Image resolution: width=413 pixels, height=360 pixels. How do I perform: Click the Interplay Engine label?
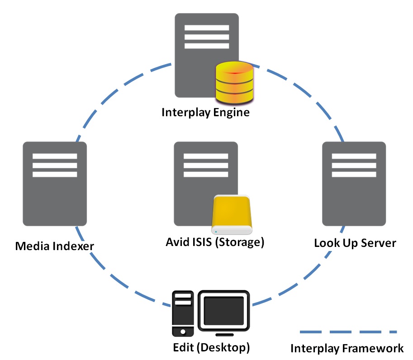pyautogui.click(x=205, y=112)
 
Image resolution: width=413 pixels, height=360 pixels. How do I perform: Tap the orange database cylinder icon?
pyautogui.click(x=234, y=82)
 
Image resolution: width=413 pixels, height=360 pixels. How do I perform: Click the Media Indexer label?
pyautogui.click(x=54, y=246)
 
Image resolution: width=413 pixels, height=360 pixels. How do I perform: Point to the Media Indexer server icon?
pyautogui.click(x=54, y=183)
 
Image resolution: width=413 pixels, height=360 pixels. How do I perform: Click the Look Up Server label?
pyautogui.click(x=355, y=243)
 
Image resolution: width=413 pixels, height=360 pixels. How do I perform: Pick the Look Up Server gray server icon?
pyautogui.click(x=354, y=183)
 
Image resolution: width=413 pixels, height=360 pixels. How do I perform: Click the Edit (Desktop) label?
pyautogui.click(x=211, y=348)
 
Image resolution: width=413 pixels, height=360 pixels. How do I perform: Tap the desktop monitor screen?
pyautogui.click(x=224, y=311)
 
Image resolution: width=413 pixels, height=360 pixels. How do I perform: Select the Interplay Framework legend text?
pyautogui.click(x=347, y=348)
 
